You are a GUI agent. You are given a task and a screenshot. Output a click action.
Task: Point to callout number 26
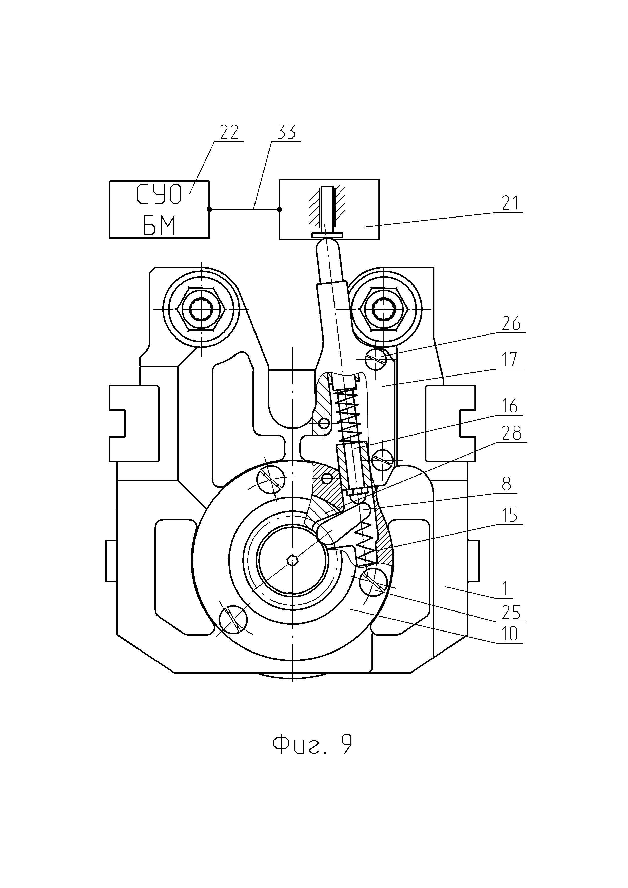pos(511,324)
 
